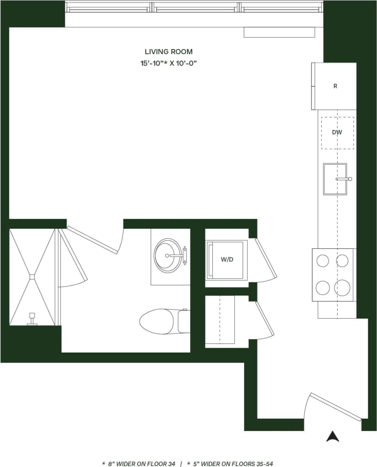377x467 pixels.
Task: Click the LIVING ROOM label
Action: pos(169,52)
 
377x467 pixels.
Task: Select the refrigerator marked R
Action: pos(335,86)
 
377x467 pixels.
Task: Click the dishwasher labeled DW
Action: pos(337,133)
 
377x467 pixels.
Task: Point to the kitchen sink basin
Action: pos(334,179)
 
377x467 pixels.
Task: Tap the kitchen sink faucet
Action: pos(344,179)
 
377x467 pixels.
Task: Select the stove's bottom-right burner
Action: pos(342,288)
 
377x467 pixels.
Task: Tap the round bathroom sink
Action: pos(168,255)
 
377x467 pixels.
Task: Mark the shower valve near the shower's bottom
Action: pos(31,318)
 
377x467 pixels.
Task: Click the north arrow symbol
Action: pos(332,436)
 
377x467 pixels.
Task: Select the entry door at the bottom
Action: pos(335,407)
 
